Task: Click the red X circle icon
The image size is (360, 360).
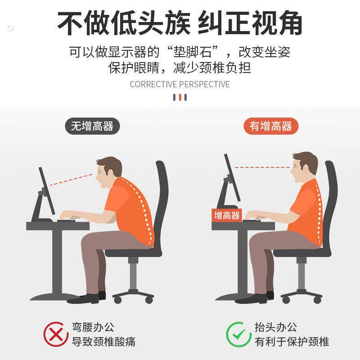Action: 56,334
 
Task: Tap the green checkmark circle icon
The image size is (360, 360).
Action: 238,334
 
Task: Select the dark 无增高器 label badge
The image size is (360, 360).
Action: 92,126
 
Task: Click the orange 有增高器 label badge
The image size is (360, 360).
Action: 271,126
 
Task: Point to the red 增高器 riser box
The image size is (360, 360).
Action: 227,215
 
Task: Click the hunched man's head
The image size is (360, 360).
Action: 108,171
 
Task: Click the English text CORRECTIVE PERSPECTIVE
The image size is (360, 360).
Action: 180,84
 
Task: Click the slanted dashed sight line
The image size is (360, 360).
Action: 71,179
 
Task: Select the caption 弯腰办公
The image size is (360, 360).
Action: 93,327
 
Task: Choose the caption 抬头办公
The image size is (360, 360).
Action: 276,327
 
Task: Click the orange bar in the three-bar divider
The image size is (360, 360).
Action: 180,97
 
